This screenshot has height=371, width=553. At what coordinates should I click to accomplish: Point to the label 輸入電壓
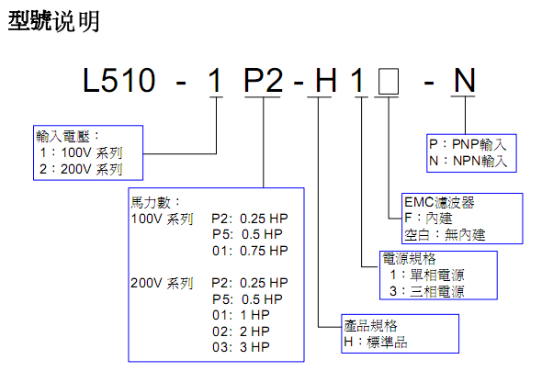[x=65, y=135]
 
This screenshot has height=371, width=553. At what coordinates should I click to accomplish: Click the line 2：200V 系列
[x=80, y=169]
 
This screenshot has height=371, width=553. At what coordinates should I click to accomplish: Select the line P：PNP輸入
[x=468, y=144]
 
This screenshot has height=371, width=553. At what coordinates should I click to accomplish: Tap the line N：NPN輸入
[x=468, y=161]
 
